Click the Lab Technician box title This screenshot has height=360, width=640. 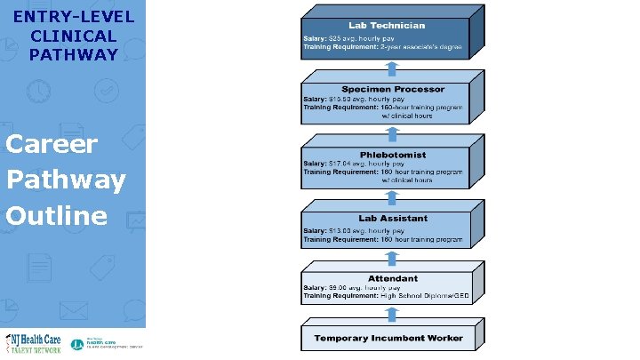click(387, 26)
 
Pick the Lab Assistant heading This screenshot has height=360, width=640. click(392, 218)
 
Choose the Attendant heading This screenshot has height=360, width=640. click(392, 278)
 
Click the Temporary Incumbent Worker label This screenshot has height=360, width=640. click(388, 338)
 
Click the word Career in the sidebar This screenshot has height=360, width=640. click(51, 144)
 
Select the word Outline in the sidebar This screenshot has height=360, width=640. click(56, 216)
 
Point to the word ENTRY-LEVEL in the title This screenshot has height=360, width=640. click(74, 17)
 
